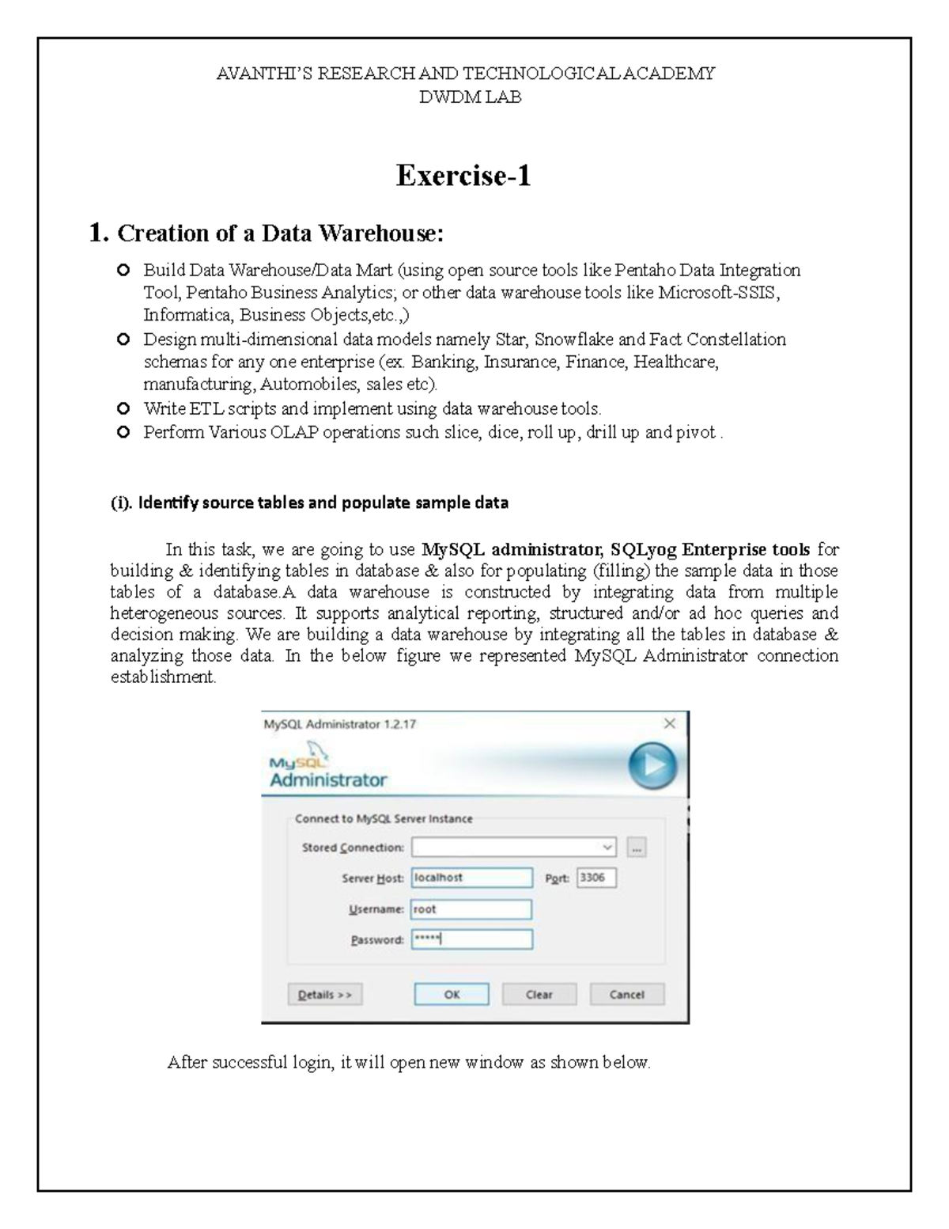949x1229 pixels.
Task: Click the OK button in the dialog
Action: (x=452, y=994)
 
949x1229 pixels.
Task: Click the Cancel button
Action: (x=626, y=994)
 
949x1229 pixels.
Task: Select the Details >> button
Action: (x=325, y=994)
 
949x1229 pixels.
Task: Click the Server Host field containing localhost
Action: (x=471, y=878)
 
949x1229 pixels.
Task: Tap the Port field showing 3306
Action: (x=596, y=878)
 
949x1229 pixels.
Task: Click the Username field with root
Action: (x=471, y=909)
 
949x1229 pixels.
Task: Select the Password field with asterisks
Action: (x=471, y=939)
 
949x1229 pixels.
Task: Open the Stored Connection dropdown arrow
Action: (x=607, y=848)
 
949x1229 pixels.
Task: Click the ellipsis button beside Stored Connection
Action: (x=637, y=848)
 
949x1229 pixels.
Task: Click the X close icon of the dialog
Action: (x=670, y=723)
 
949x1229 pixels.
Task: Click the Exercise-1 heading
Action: (x=463, y=175)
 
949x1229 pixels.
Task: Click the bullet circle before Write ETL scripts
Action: (x=123, y=409)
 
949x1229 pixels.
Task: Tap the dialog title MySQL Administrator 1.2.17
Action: (x=340, y=723)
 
